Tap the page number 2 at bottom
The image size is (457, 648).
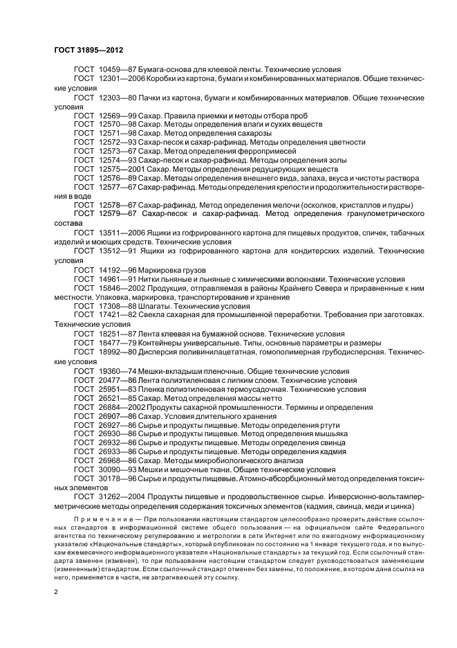point(57,593)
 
